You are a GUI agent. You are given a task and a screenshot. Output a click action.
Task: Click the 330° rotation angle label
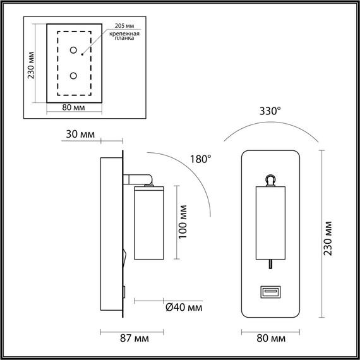pos(270,111)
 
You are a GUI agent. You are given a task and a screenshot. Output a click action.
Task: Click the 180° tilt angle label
pos(201,159)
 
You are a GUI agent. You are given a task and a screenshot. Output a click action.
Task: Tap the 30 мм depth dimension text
pos(80,135)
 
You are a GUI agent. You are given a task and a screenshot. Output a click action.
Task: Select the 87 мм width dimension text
pos(135,339)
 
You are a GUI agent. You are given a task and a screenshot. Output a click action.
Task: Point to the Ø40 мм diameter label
pos(184,308)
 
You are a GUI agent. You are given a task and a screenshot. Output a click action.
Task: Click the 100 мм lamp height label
pos(183,222)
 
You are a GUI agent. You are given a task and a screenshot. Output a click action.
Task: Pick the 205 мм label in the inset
pos(124,26)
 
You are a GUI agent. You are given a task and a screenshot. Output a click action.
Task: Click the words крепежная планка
pos(124,36)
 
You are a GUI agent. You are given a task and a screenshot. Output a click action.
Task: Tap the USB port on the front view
pos(270,292)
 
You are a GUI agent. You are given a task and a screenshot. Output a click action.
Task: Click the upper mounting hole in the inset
pos(73,50)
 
